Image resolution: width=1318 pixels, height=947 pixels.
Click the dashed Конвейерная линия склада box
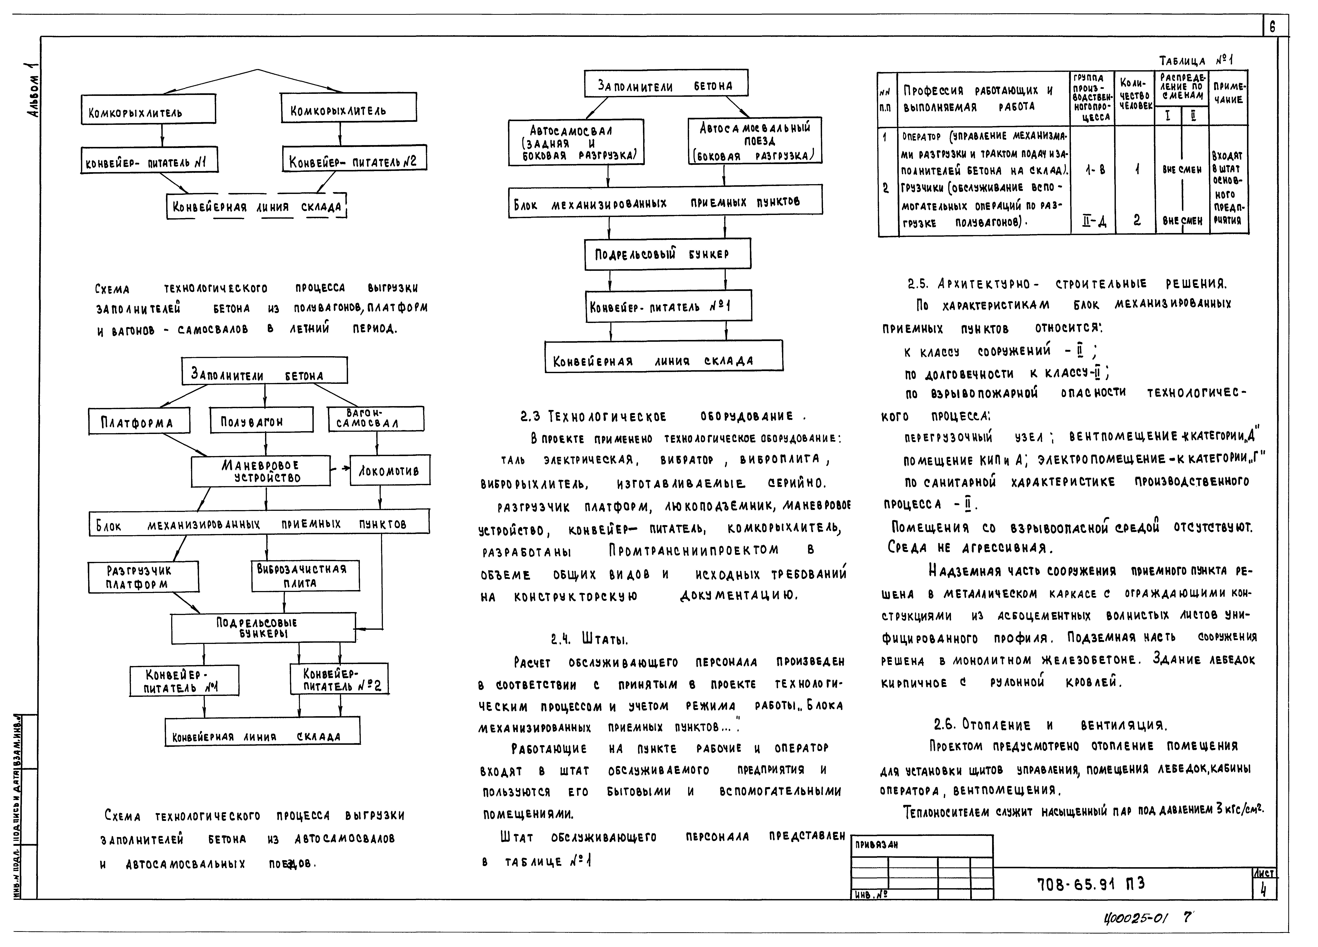click(x=256, y=206)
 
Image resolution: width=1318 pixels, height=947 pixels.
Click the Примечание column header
click(x=1229, y=93)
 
